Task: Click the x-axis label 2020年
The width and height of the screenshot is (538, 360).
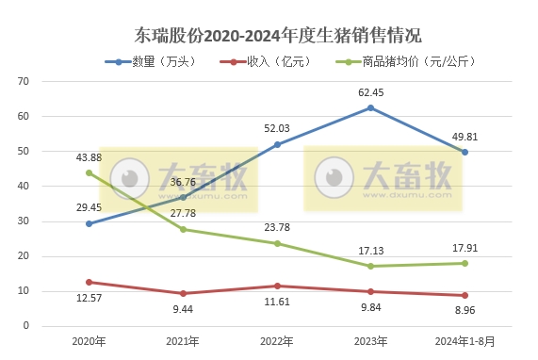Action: (89, 340)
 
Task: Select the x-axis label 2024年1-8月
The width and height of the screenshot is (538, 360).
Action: (464, 340)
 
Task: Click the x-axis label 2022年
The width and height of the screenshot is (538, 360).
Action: (277, 340)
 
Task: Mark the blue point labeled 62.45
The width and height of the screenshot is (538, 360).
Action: (371, 107)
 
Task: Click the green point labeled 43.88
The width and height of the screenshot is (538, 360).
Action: (89, 172)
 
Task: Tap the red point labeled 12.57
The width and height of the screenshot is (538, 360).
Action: (89, 282)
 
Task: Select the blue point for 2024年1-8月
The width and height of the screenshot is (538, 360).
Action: (465, 152)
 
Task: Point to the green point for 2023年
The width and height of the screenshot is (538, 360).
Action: (371, 266)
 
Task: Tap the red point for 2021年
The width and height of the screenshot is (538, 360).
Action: (183, 293)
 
